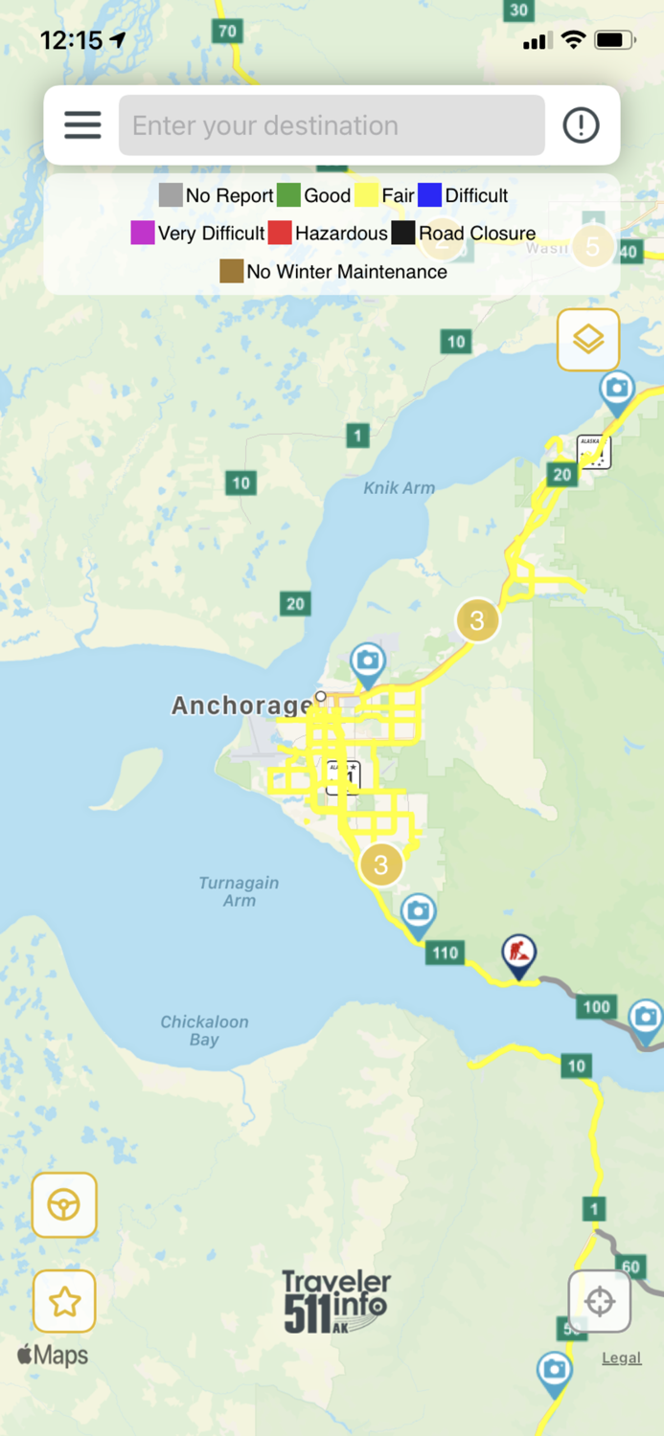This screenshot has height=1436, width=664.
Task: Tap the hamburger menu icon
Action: (x=82, y=125)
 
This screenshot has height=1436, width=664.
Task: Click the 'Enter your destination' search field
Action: (x=332, y=125)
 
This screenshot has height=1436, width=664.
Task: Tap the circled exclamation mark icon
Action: (x=581, y=125)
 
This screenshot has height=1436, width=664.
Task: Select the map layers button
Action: (x=588, y=340)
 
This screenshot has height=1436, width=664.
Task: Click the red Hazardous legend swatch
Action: (x=279, y=233)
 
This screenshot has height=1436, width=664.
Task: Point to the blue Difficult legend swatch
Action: (x=429, y=195)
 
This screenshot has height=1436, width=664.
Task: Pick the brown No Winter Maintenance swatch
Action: (x=231, y=271)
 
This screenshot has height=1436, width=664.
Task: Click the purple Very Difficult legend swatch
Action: (x=143, y=233)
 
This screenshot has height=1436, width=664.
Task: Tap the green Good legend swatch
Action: (x=288, y=195)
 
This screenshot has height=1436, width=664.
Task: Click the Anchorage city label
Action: (x=241, y=707)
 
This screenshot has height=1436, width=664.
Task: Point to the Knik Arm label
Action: (x=400, y=488)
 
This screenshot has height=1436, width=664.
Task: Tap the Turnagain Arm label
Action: (x=239, y=891)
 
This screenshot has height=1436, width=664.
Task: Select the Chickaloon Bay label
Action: (x=204, y=1030)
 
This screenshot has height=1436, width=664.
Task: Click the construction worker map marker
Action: (x=519, y=955)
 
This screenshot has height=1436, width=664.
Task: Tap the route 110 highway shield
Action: (x=446, y=953)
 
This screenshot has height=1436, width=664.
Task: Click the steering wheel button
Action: (x=64, y=1204)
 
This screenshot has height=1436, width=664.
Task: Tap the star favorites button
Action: (x=64, y=1301)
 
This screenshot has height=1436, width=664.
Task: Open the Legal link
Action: (x=621, y=1357)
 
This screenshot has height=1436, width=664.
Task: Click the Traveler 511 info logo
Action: (x=335, y=1301)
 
